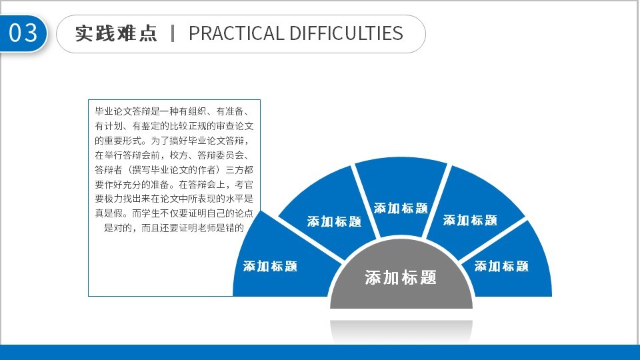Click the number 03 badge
tap(23, 33)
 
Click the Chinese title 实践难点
tap(116, 33)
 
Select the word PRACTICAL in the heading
tap(236, 33)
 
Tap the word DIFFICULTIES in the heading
tap(347, 33)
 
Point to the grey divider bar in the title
tap(173, 33)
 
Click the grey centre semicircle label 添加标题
tap(401, 277)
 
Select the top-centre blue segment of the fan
tap(401, 196)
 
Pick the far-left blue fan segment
tap(281, 261)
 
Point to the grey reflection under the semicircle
tap(401, 331)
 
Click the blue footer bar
tap(320, 352)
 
